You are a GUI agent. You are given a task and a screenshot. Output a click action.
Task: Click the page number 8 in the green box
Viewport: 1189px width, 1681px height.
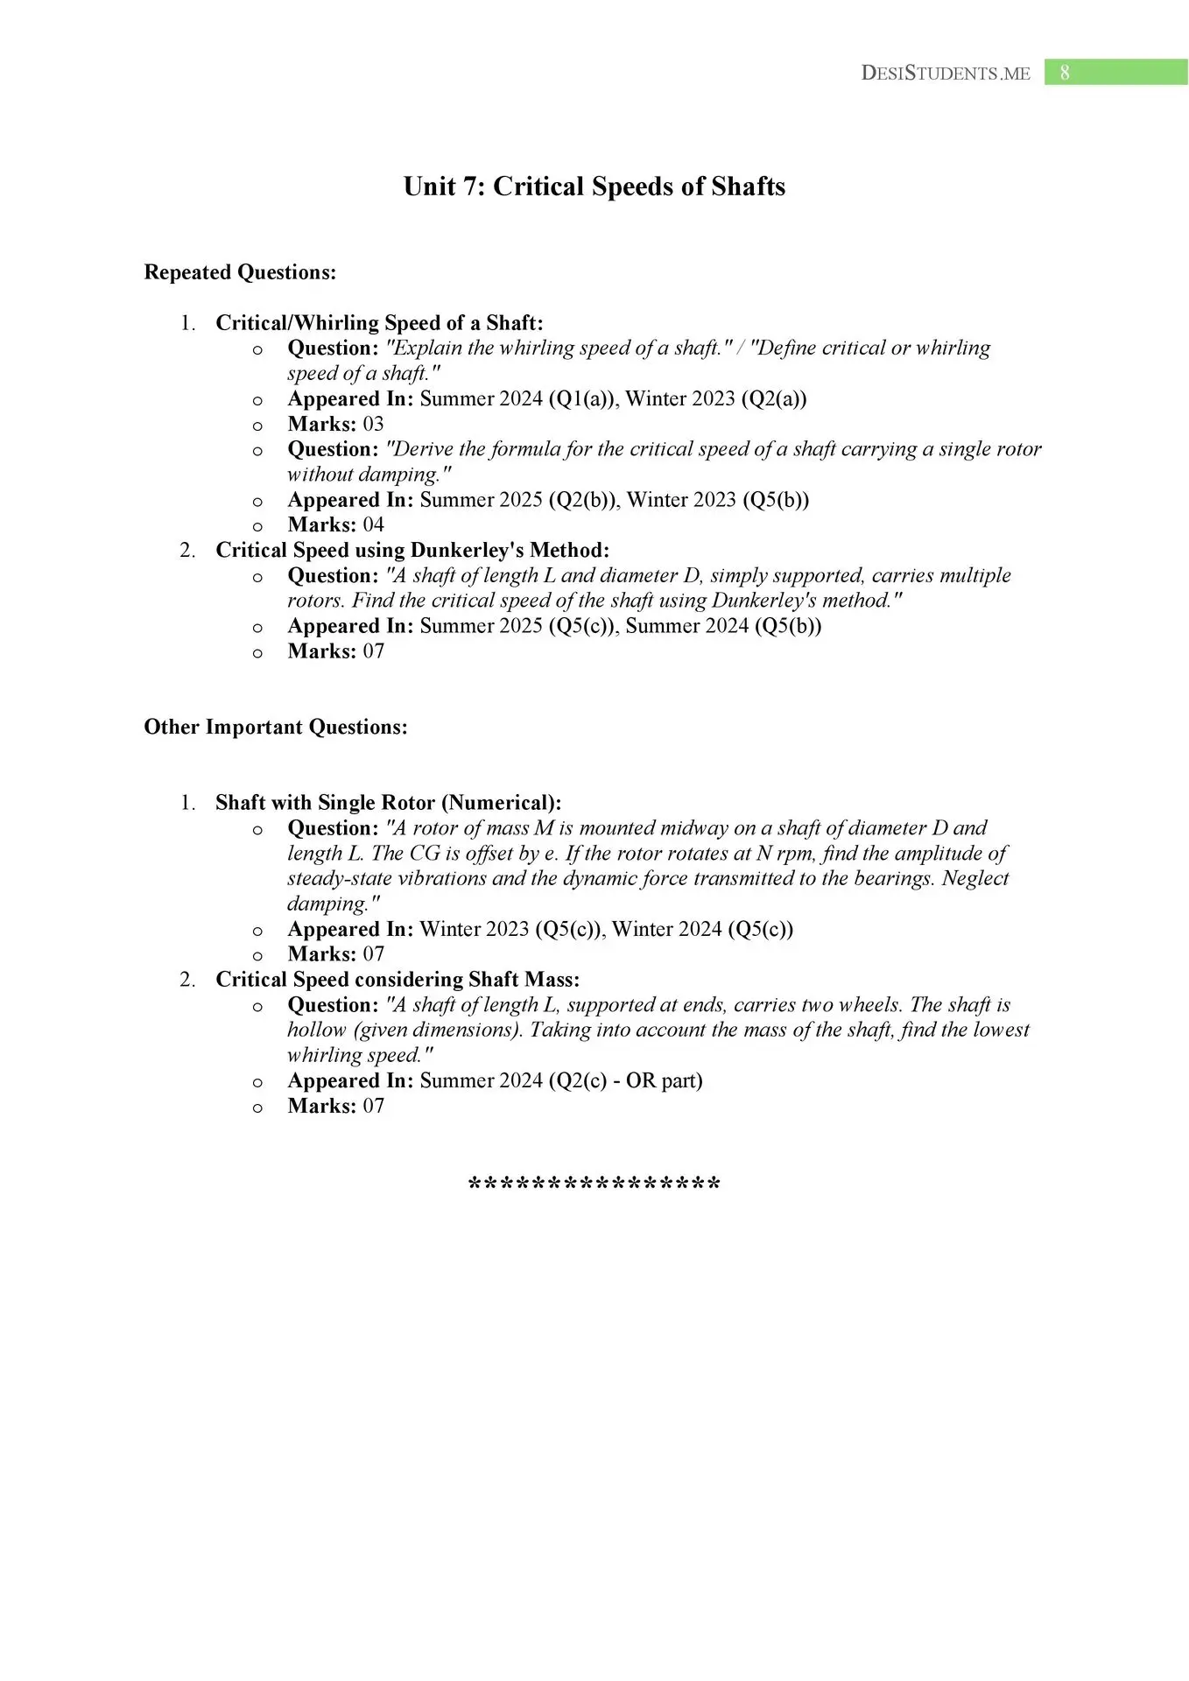click(x=1065, y=73)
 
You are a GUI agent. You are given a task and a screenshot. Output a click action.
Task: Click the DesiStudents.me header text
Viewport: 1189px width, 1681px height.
click(x=946, y=74)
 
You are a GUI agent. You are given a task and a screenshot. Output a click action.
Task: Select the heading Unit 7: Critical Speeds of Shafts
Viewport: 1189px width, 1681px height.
click(x=594, y=186)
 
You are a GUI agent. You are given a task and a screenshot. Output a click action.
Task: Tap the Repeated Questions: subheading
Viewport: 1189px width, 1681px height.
click(x=240, y=272)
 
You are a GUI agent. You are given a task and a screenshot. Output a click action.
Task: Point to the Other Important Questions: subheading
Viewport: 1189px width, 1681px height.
click(x=276, y=727)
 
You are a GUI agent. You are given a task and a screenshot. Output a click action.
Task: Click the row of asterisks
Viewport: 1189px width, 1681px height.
click(x=594, y=1185)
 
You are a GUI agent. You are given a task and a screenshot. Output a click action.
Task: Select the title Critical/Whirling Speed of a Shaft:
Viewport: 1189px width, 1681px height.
click(x=379, y=323)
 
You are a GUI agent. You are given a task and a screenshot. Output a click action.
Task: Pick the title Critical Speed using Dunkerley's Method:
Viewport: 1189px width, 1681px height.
click(x=412, y=550)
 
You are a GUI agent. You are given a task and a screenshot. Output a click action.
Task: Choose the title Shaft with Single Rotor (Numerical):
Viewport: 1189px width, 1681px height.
click(x=388, y=803)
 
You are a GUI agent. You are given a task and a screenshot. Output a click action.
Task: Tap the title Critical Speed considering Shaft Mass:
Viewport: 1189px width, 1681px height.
click(x=398, y=980)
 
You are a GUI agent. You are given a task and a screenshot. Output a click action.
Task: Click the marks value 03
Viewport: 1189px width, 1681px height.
click(x=373, y=425)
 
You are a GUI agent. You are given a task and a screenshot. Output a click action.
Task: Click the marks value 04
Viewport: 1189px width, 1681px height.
click(x=373, y=525)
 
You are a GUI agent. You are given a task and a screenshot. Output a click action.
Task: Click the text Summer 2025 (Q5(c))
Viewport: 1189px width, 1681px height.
click(x=517, y=626)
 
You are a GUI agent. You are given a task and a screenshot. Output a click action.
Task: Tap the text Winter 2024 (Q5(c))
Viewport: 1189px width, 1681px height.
click(x=702, y=929)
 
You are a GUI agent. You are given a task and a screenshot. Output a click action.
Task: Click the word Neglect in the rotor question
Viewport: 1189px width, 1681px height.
click(x=974, y=878)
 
